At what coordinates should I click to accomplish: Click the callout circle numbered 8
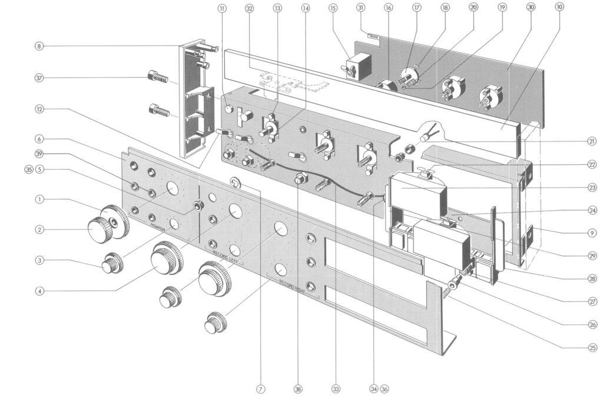click(x=39, y=46)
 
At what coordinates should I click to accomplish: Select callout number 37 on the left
click(x=39, y=78)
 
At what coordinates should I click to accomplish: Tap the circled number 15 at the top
click(x=333, y=8)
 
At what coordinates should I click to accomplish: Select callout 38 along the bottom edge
click(x=299, y=388)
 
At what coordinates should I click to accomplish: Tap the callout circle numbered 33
click(x=336, y=388)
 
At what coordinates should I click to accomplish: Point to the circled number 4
click(x=39, y=290)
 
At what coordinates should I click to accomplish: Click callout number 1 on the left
click(x=39, y=199)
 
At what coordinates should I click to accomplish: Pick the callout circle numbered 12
click(x=39, y=110)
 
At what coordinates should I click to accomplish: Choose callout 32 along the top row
click(x=249, y=8)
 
